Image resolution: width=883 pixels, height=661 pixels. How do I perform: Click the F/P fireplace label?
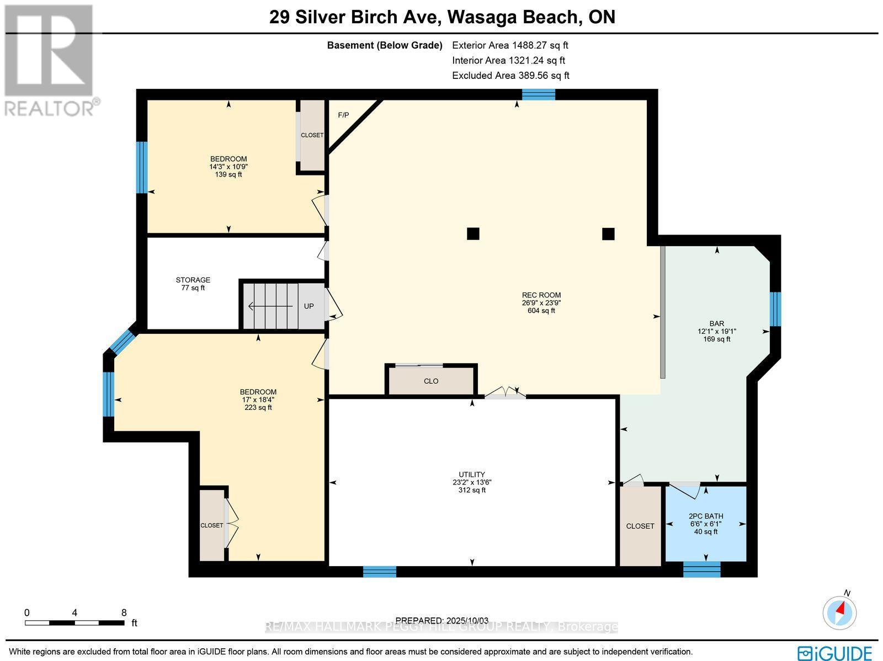coord(343,115)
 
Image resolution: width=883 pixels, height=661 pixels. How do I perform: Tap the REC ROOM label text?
coord(541,295)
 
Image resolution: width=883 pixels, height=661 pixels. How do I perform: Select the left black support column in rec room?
coord(473,233)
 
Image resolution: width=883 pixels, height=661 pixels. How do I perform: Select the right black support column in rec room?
coord(608,233)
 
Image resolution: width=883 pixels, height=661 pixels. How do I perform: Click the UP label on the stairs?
coord(309,306)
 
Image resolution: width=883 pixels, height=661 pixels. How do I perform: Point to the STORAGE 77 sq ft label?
coord(193,284)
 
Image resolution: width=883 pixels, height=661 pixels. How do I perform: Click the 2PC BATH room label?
coord(706,516)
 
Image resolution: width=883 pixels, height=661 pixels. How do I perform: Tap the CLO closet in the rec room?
coord(431,381)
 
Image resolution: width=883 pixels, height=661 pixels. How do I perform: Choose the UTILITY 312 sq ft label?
coord(472,482)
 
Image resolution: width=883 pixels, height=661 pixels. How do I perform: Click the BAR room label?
coord(717,324)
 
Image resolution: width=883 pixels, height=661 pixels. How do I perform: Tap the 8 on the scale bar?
coord(124,612)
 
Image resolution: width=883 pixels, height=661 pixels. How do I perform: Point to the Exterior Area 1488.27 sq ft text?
coord(510,45)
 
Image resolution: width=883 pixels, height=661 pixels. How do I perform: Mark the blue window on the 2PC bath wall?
coord(701,569)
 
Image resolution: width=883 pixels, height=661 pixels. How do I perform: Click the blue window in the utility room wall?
coord(380,572)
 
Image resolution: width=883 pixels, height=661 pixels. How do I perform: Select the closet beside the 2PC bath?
coord(640,526)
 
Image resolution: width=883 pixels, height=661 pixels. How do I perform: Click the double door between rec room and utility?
coord(505,393)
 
